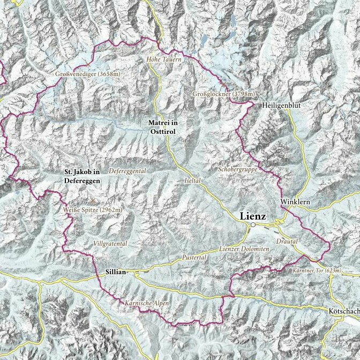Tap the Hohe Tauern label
coord(164,60)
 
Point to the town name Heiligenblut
coord(281,106)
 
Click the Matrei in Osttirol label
coord(163,126)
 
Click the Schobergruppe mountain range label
coord(238,169)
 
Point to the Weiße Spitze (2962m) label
coord(92,209)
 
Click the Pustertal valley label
coord(194,258)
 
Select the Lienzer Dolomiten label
coord(244,250)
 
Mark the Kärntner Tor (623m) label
coord(317,271)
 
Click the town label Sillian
coord(113,272)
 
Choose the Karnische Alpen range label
coord(146,304)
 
